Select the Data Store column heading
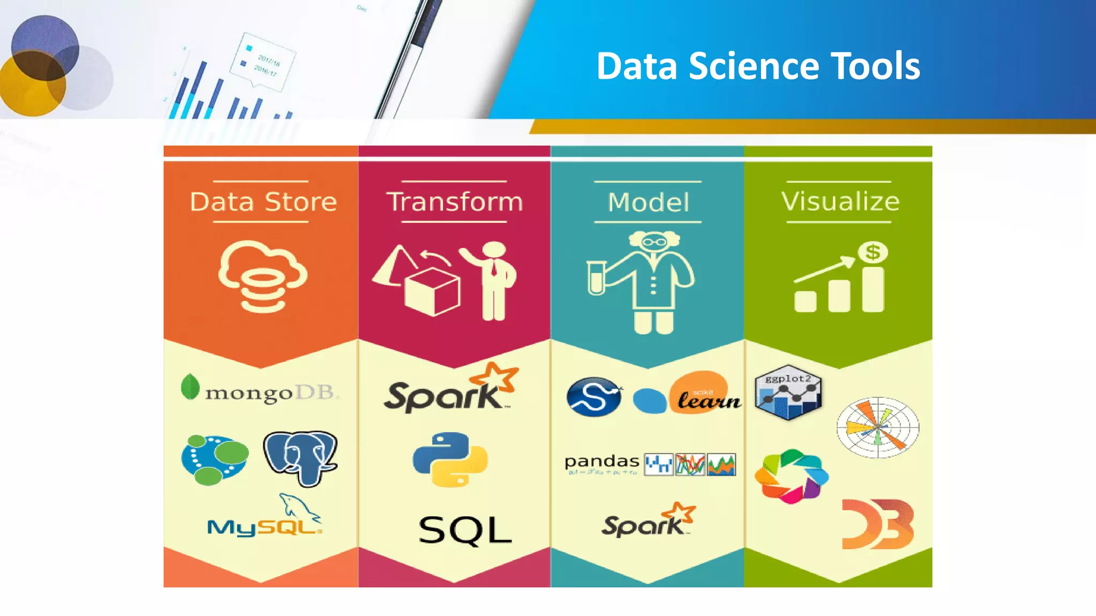263,202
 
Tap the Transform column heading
454,202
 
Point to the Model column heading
648,202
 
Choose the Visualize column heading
840,202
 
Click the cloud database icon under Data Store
262,276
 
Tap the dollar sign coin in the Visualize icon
873,252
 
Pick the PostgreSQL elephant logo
300,458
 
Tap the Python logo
450,459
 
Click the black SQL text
465,530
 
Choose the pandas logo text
602,462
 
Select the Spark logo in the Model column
648,521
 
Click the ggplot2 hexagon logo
788,392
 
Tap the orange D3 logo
878,523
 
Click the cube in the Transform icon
432,292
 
